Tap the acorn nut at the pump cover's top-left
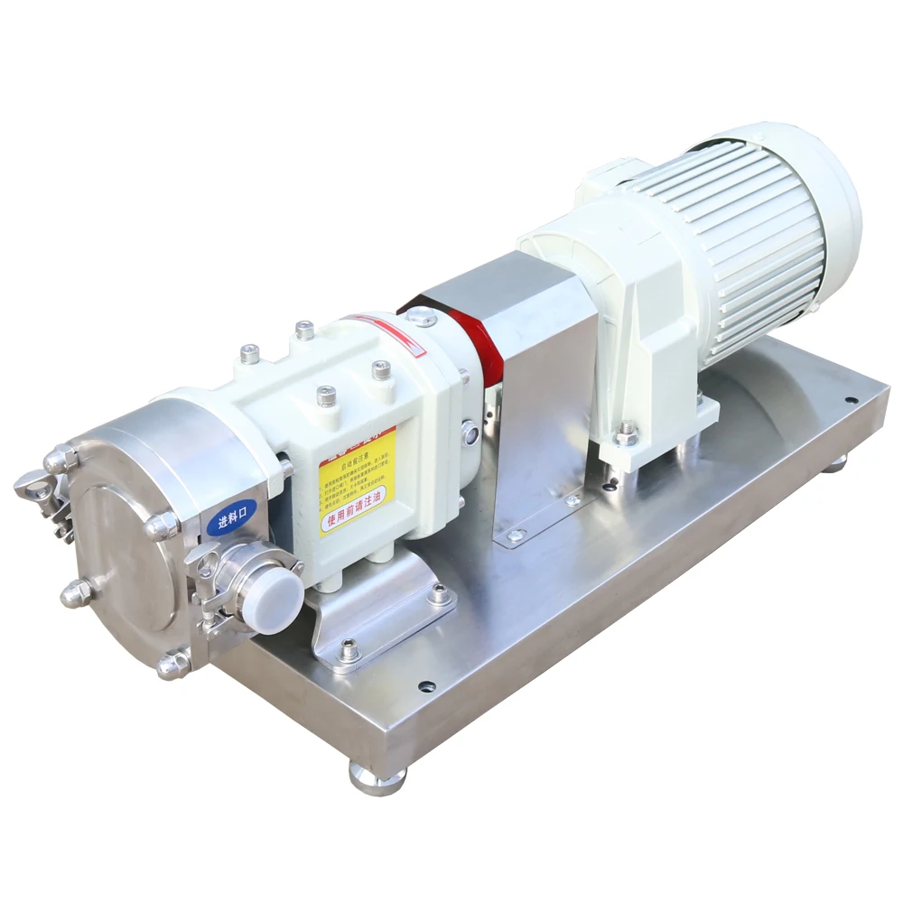tap(63, 460)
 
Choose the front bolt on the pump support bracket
tap(349, 647)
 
